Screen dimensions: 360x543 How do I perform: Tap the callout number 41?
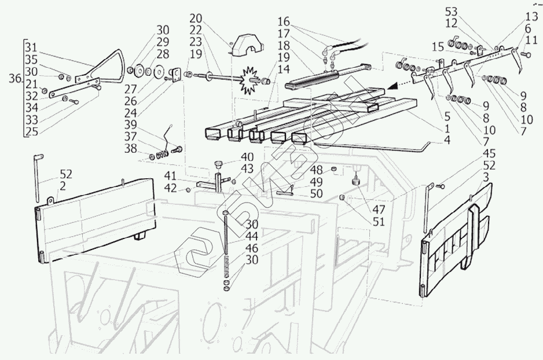[x=170, y=176]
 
